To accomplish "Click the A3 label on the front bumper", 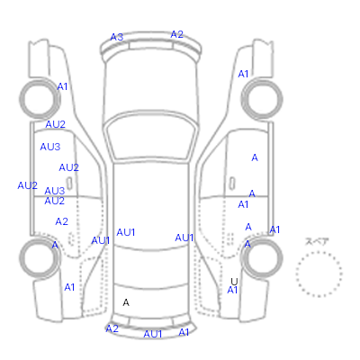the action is pyautogui.click(x=117, y=37).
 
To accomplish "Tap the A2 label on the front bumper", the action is pyautogui.click(x=176, y=34).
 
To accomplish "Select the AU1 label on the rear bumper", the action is pyautogui.click(x=153, y=334).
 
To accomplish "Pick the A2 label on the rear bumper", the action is pyautogui.click(x=112, y=328).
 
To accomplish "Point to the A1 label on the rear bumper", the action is pyautogui.click(x=184, y=332).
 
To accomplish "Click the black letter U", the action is pyautogui.click(x=234, y=282).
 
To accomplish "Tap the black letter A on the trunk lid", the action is pyautogui.click(x=126, y=302).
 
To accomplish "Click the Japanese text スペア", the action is pyautogui.click(x=317, y=242).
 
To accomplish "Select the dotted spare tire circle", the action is pyautogui.click(x=319, y=252).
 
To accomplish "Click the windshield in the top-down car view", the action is pyautogui.click(x=150, y=137).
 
